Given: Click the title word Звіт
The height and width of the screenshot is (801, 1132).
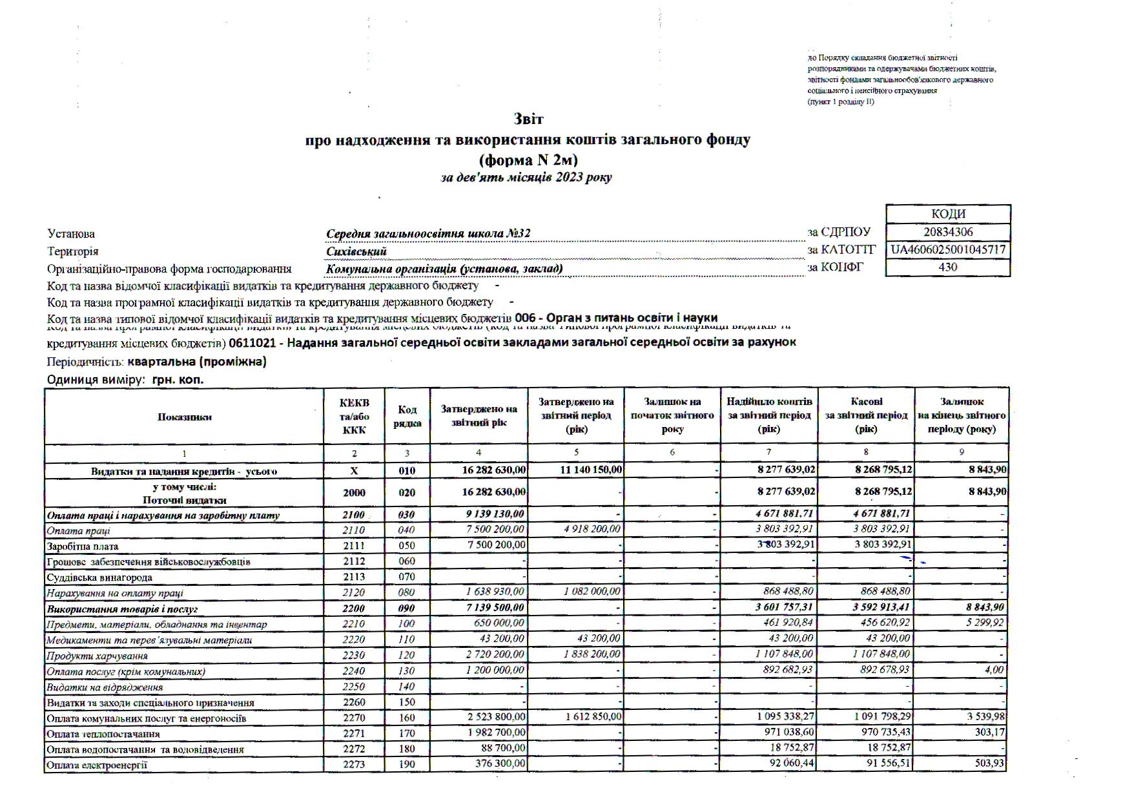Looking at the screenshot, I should click(528, 120).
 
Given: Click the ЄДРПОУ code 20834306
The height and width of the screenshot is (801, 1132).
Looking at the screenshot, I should click(947, 232).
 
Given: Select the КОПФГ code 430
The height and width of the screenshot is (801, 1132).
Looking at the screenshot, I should click(947, 267).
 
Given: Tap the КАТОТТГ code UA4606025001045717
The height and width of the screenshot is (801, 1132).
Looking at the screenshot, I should click(947, 249).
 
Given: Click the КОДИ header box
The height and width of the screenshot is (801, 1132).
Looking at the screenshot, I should click(948, 214).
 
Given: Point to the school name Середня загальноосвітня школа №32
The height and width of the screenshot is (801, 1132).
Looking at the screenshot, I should click(428, 234).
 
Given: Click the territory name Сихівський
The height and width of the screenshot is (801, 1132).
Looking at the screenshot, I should click(356, 251).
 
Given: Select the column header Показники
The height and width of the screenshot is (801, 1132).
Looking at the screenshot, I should click(184, 417).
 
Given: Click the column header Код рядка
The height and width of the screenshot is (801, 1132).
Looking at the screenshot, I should click(407, 417).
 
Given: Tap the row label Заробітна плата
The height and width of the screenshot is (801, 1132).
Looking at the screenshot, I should click(83, 546).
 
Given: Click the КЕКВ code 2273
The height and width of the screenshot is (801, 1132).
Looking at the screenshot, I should click(354, 765).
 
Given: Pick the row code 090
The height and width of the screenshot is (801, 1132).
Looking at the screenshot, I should click(407, 609).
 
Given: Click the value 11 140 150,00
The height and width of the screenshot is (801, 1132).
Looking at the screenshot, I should click(590, 470).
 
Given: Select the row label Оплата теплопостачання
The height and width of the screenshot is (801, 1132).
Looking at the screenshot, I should click(103, 734).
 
